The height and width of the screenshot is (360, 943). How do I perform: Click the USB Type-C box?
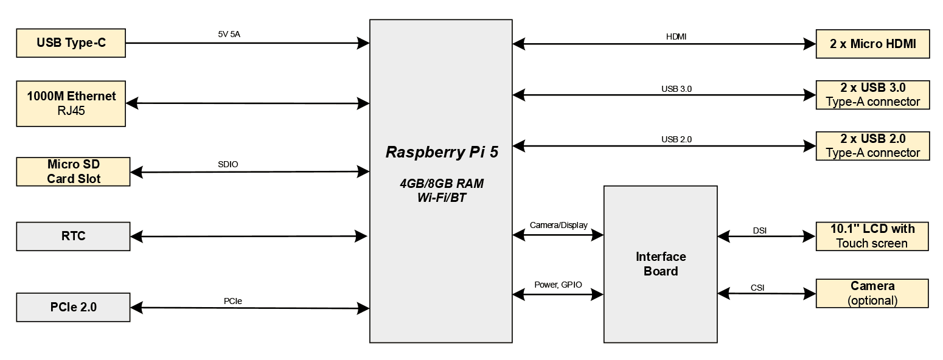click(71, 43)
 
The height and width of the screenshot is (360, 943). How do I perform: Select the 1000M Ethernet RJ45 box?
click(71, 103)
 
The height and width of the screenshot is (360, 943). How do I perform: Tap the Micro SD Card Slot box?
click(74, 171)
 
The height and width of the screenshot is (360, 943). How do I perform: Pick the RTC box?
click(74, 236)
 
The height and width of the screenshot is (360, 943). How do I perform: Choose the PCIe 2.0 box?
click(74, 307)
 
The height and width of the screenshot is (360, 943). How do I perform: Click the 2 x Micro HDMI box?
click(872, 44)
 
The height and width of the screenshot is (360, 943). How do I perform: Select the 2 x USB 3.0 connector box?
click(872, 95)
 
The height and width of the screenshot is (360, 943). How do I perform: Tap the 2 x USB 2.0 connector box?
click(872, 146)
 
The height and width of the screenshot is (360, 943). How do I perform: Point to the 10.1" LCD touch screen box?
click(872, 236)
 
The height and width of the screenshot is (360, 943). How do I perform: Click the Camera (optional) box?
click(872, 293)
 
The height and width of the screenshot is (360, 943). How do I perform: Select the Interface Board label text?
click(661, 264)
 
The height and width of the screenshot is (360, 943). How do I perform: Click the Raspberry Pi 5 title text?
click(442, 152)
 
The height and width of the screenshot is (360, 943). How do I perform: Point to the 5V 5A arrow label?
click(229, 35)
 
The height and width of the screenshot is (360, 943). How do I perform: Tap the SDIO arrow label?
click(228, 164)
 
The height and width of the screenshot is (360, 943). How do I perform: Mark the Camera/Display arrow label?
click(558, 225)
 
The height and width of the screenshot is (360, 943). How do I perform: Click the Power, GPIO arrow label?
click(558, 285)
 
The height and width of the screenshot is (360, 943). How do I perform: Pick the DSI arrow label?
click(760, 230)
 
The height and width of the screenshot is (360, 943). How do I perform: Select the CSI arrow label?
click(757, 288)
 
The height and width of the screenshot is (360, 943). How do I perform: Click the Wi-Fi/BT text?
click(442, 198)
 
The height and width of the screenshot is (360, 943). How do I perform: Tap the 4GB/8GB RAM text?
click(442, 184)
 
